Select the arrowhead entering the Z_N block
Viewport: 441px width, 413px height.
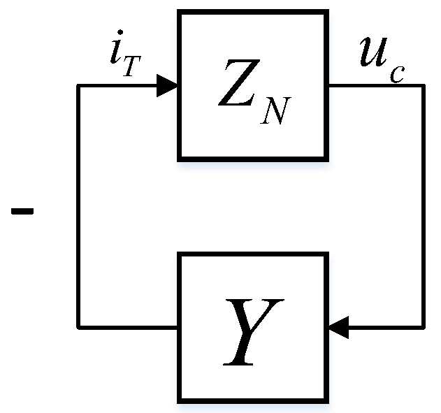[x=167, y=85]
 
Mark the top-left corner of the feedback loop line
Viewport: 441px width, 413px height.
[x=78, y=86]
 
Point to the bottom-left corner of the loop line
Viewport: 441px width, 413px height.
[x=78, y=326]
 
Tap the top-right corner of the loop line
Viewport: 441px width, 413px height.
[x=424, y=86]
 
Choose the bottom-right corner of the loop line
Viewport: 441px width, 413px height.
[x=424, y=326]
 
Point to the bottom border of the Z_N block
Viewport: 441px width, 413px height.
[x=254, y=157]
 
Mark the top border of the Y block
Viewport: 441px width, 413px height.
[x=254, y=254]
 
